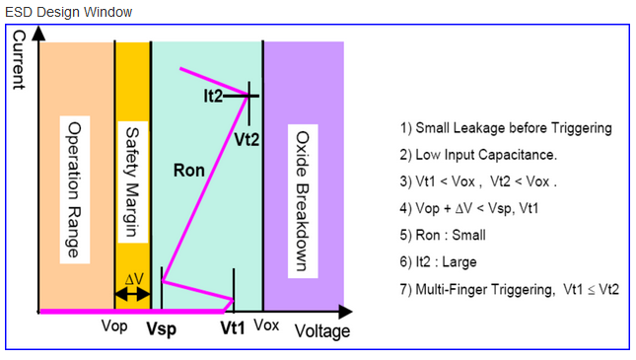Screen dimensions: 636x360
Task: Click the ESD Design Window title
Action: (69, 12)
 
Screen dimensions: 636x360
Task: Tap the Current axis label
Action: (19, 60)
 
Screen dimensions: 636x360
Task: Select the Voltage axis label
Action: (322, 331)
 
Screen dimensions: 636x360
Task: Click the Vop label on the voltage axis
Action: (114, 325)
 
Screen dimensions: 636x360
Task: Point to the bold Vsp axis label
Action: (161, 328)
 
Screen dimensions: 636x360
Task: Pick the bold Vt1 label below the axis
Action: (233, 327)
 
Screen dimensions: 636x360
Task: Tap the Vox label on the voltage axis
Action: (266, 325)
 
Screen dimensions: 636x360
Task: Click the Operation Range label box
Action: (75, 189)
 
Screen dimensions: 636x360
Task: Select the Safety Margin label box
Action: (133, 181)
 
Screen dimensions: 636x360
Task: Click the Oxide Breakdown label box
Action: (303, 201)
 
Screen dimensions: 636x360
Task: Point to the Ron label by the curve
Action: (189, 170)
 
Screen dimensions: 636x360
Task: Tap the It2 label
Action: (213, 97)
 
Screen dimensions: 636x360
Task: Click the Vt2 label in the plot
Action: (247, 140)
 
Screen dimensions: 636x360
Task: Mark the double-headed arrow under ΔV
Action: (133, 294)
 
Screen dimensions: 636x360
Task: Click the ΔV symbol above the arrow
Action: (134, 279)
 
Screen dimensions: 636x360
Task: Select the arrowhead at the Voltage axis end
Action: (345, 312)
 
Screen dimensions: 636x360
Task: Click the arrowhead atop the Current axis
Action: (38, 34)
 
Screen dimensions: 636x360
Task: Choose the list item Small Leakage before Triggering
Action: (506, 128)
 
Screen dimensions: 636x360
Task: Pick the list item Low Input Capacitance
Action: (478, 155)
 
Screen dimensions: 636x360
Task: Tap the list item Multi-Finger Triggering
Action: (510, 289)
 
